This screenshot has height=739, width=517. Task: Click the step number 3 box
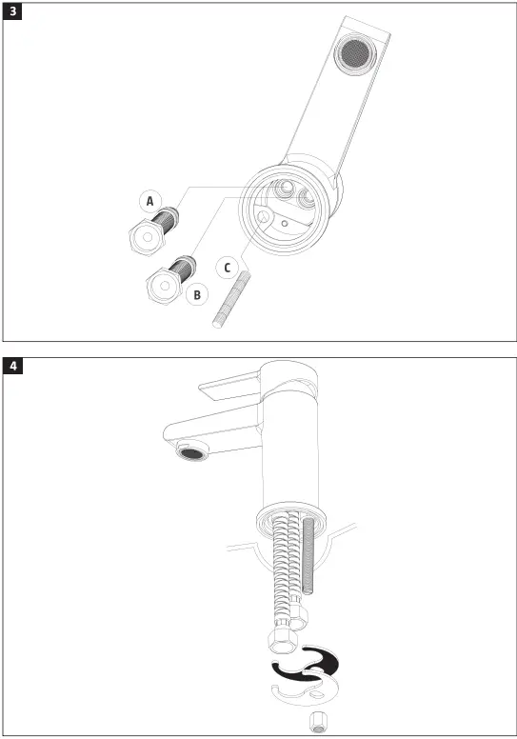tap(13, 12)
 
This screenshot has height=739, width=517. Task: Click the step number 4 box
tap(13, 366)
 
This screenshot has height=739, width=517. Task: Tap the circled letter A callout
tap(149, 200)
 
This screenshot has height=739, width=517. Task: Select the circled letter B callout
tap(197, 294)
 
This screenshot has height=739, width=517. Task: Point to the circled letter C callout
tap(227, 267)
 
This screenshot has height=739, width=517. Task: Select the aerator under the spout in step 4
tap(191, 452)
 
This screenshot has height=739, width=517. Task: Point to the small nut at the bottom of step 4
tap(318, 720)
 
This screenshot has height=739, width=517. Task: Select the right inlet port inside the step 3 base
tap(309, 197)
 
